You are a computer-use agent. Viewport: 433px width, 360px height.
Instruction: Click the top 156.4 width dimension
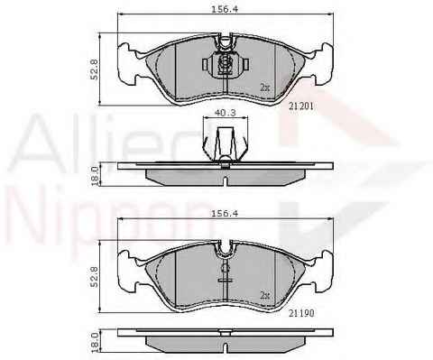(225, 9)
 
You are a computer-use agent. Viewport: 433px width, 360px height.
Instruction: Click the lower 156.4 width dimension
(225, 214)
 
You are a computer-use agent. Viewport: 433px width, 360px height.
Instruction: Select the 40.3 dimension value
(225, 113)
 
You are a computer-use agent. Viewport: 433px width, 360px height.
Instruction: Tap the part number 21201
(301, 106)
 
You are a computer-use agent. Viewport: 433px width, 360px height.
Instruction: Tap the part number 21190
(301, 313)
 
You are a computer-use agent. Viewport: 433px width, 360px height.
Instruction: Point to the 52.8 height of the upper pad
(94, 69)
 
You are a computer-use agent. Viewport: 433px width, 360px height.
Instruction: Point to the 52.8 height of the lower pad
(94, 277)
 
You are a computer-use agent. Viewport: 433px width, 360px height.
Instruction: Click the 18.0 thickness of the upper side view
(95, 176)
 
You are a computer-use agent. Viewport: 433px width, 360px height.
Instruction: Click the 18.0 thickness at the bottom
(95, 342)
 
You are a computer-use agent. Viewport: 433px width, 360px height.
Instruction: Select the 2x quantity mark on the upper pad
(265, 88)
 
